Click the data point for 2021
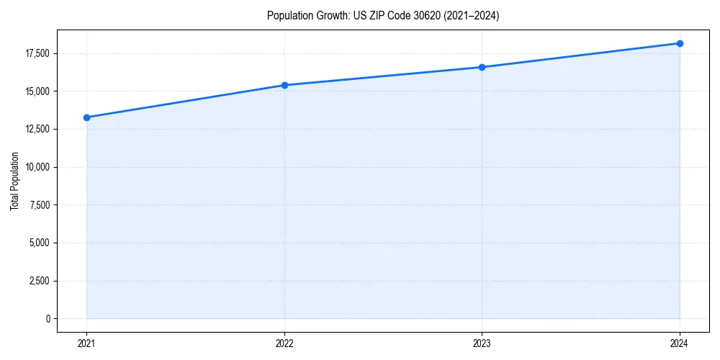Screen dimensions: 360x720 (86, 117)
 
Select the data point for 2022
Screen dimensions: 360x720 (284, 85)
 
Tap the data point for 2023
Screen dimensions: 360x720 (482, 67)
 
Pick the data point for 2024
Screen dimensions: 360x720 (680, 43)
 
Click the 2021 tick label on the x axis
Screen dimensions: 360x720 (86, 343)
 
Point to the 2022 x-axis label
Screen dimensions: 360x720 (284, 343)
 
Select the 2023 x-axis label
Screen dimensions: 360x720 (482, 343)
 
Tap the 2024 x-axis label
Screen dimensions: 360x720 (680, 343)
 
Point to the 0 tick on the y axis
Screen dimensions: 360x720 (49, 318)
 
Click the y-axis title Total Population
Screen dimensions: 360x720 (14, 181)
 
